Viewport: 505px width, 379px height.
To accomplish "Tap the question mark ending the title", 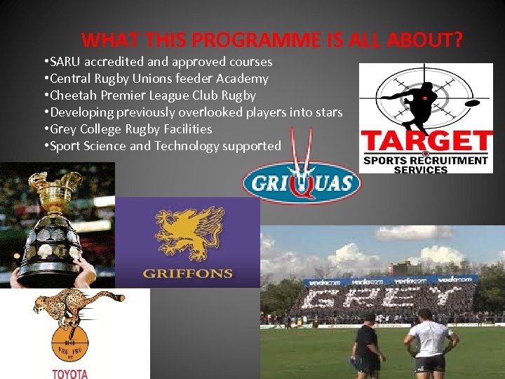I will click(457, 40).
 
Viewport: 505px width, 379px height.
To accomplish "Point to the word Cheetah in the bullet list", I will click(74, 95).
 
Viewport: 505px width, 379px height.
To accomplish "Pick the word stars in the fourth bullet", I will click(326, 112).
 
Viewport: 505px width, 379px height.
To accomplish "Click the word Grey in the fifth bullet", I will click(63, 129).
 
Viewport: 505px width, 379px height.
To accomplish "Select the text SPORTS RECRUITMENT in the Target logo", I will click(425, 161).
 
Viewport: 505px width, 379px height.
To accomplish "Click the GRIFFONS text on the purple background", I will click(187, 273).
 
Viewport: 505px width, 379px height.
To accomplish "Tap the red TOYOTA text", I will click(70, 373).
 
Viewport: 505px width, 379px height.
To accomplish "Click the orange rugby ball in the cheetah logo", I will click(70, 344).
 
